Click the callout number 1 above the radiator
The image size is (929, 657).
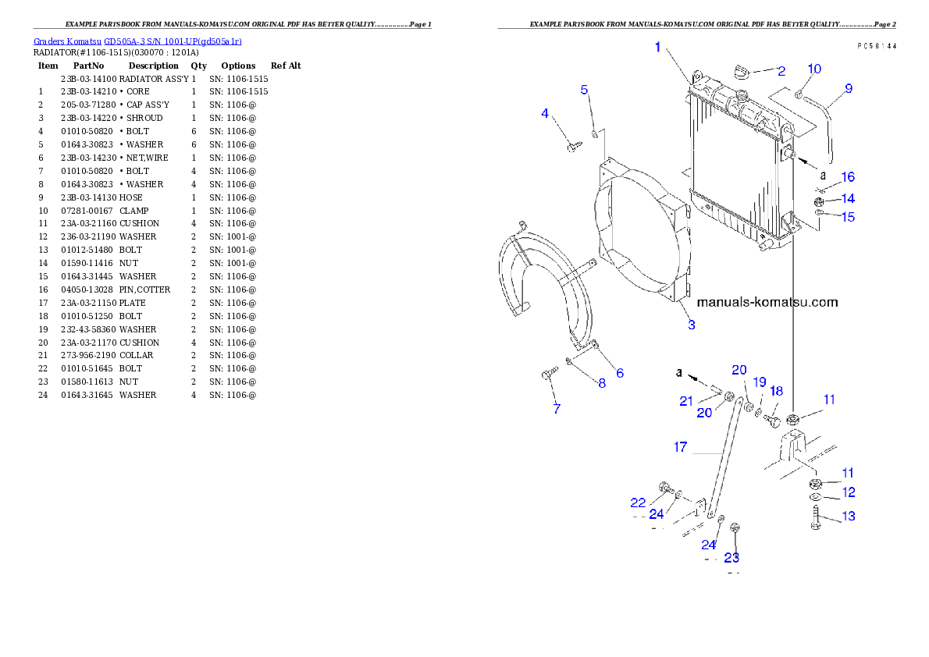point(657,48)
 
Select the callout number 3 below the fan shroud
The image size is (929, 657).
point(692,325)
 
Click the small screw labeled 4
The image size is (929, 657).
point(572,145)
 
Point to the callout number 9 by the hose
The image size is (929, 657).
point(849,88)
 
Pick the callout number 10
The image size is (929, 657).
point(814,69)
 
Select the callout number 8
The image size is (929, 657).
point(602,383)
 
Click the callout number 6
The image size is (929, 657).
point(620,373)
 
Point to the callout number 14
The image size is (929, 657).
point(848,199)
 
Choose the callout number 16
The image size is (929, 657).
point(848,178)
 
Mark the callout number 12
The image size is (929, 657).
point(849,492)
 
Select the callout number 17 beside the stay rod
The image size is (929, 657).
point(681,447)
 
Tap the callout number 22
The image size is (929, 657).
point(639,503)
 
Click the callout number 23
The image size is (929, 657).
point(731,558)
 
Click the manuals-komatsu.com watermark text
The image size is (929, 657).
point(767,302)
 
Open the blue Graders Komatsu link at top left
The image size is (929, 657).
point(137,41)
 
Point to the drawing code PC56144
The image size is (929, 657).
point(876,47)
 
